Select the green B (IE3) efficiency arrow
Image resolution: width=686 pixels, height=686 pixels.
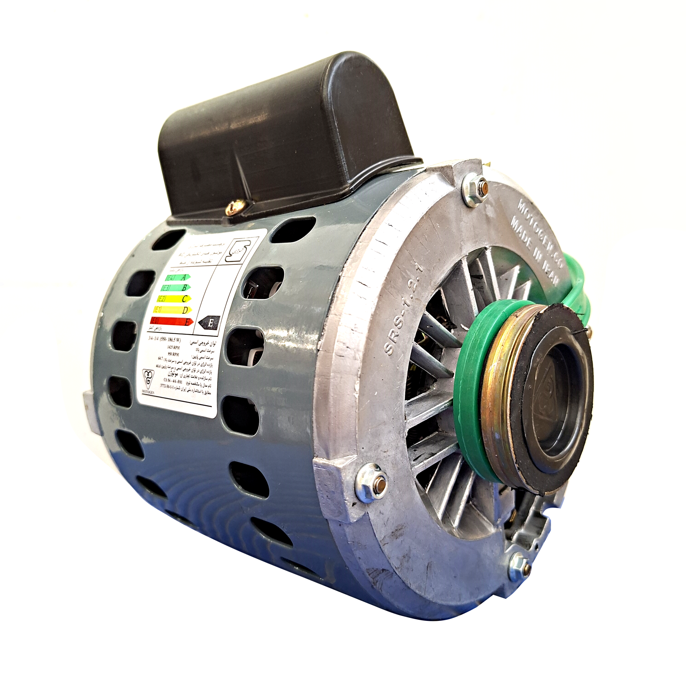coord(176,288)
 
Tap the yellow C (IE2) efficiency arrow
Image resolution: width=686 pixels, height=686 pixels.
coord(174,299)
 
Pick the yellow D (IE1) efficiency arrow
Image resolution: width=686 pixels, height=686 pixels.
coord(172,310)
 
